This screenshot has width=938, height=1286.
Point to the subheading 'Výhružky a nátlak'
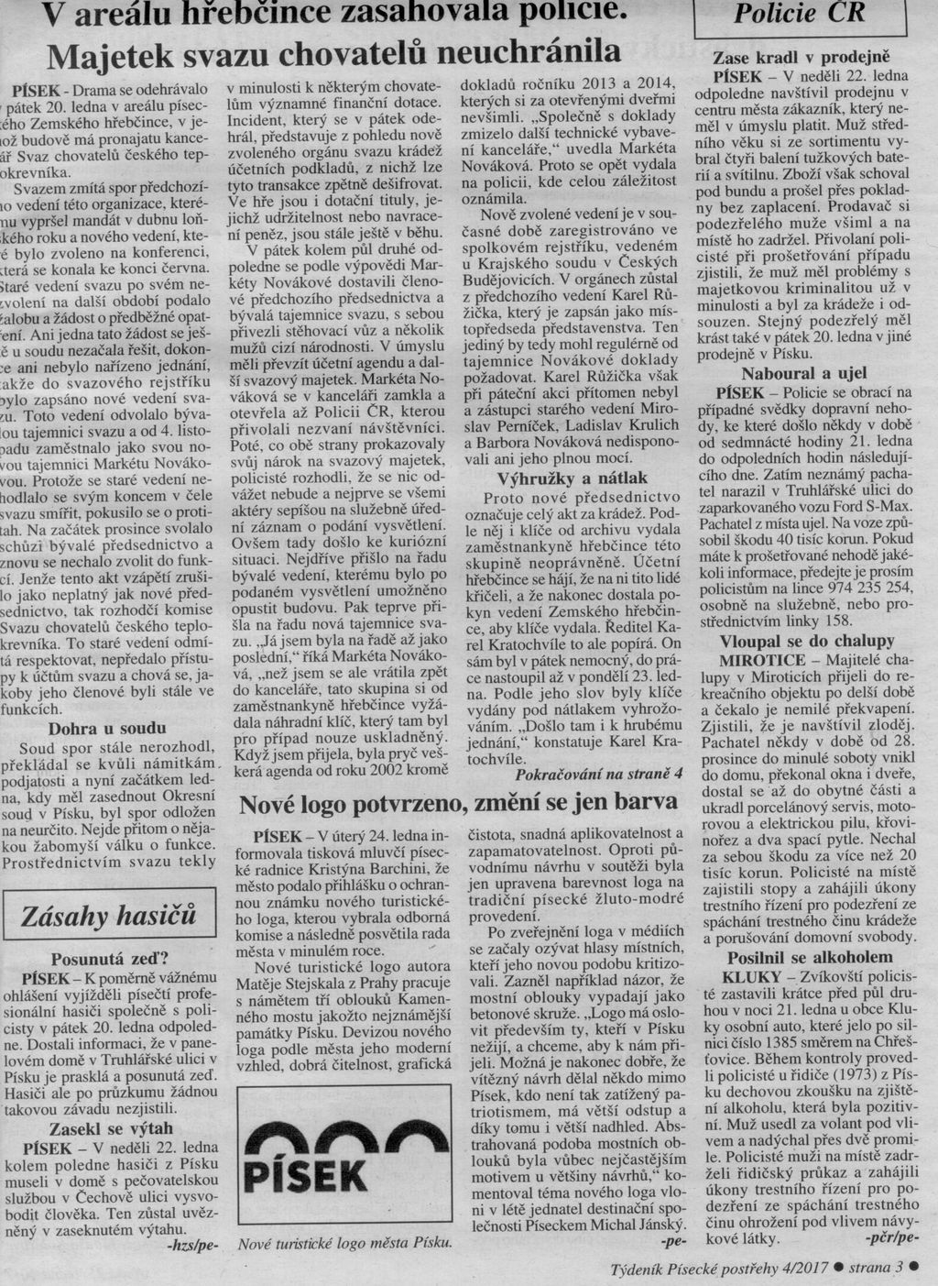[572, 477]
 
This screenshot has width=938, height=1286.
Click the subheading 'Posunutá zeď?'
[108, 960]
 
